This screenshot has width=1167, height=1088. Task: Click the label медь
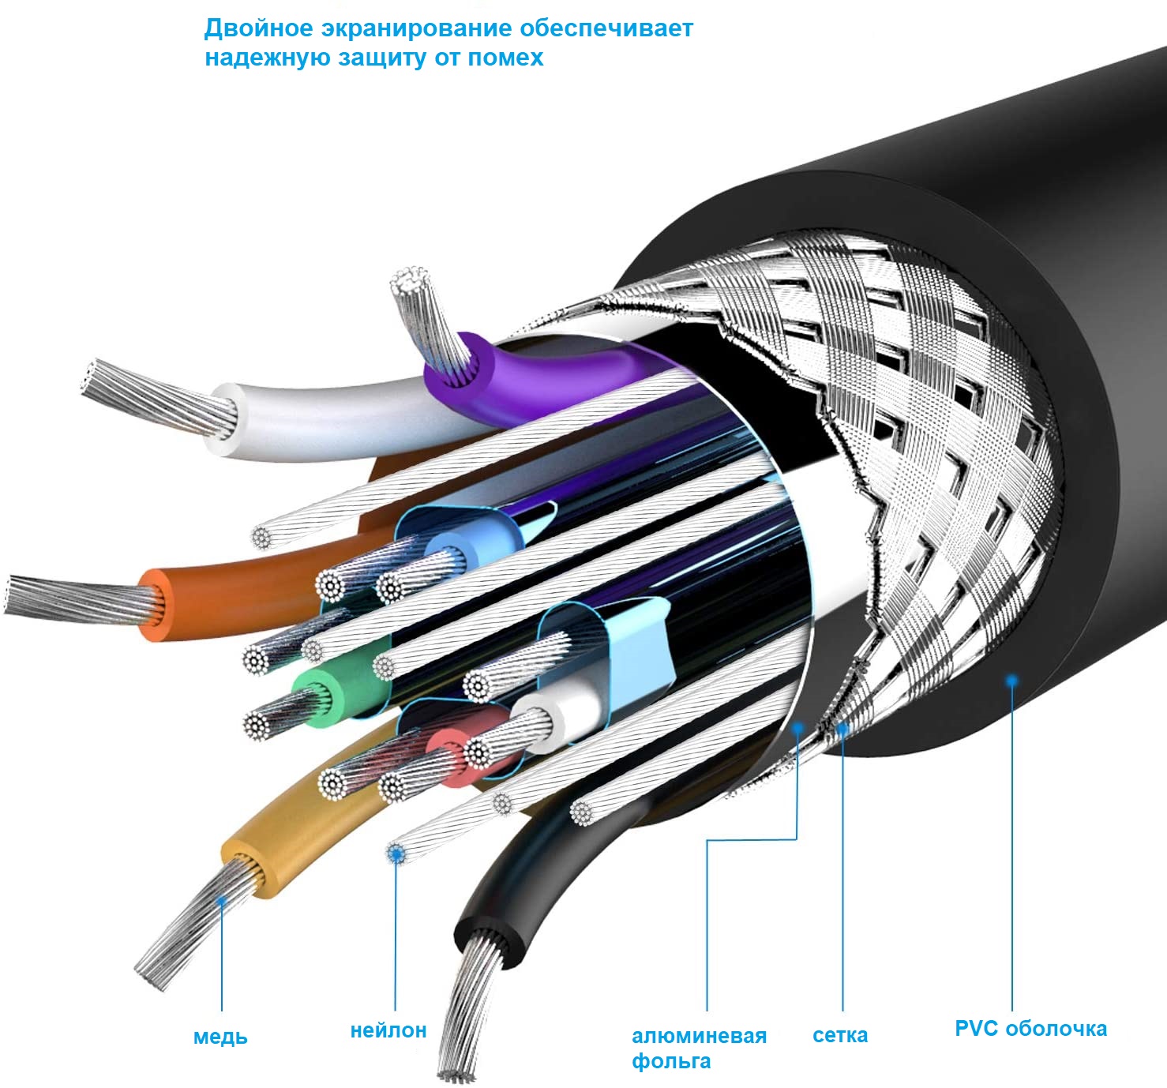[220, 1036]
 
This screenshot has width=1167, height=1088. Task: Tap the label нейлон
[388, 1030]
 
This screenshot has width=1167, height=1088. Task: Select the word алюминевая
[699, 1036]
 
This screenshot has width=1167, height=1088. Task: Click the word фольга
[671, 1061]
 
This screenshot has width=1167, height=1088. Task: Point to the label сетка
[839, 1035]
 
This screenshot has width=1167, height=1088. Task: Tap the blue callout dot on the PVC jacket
[1011, 681]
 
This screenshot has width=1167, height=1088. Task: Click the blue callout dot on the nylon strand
[396, 853]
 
